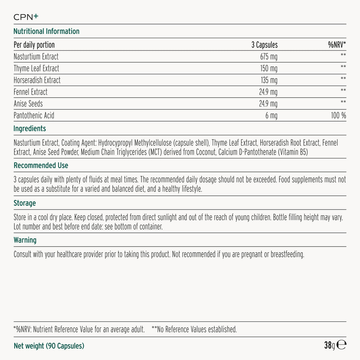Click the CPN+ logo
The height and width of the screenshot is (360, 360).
click(26, 17)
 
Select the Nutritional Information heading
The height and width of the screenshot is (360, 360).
click(46, 31)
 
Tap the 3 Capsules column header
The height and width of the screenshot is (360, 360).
click(264, 45)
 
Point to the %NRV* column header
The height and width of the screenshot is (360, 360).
click(337, 45)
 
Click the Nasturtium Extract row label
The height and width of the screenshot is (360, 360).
click(36, 57)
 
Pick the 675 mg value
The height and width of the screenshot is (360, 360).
click(269, 57)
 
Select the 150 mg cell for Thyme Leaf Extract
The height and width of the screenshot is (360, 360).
click(269, 68)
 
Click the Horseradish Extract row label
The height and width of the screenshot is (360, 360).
click(37, 80)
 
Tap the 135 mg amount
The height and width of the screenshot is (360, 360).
click(269, 80)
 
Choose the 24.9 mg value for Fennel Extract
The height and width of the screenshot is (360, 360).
click(268, 92)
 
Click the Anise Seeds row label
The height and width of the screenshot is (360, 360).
click(28, 104)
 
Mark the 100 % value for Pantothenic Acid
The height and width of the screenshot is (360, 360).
click(338, 116)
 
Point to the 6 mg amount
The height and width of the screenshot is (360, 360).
click(271, 116)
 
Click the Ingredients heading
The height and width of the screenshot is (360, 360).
click(30, 129)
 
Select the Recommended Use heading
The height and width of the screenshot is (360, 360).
click(41, 166)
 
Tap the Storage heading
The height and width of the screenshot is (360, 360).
click(25, 203)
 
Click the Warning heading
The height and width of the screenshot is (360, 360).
click(25, 240)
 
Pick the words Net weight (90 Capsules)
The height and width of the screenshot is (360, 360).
click(49, 346)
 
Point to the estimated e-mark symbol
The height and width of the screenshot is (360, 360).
click(342, 345)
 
